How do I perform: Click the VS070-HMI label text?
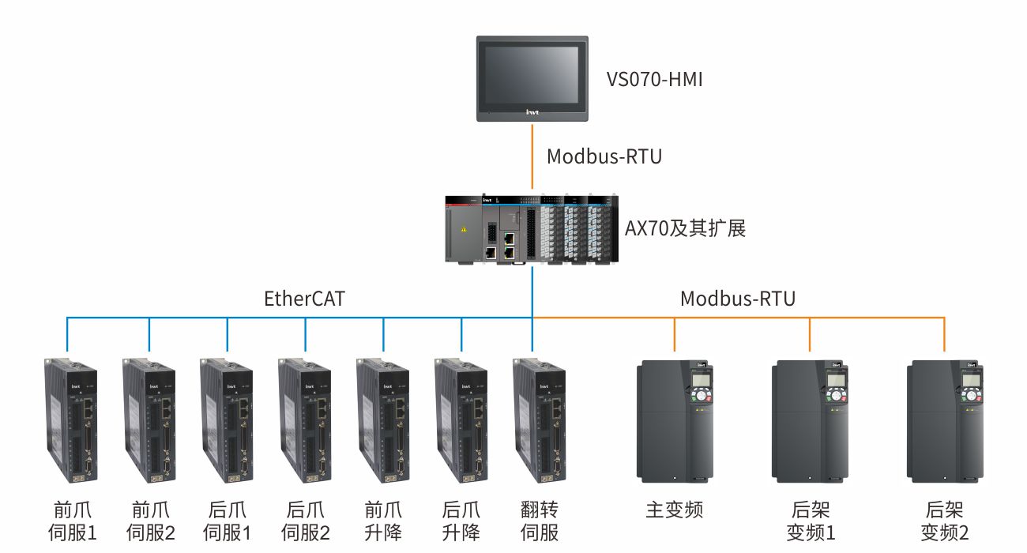point(654,80)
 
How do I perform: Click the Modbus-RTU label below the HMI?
point(604,156)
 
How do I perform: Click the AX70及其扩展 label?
point(685,229)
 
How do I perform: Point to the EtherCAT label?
point(304,299)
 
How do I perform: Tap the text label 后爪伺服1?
point(228,521)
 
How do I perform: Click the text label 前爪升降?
point(383,521)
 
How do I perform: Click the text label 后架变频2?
point(944,521)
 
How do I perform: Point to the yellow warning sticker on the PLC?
point(464,230)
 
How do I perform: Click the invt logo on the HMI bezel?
point(532,113)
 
